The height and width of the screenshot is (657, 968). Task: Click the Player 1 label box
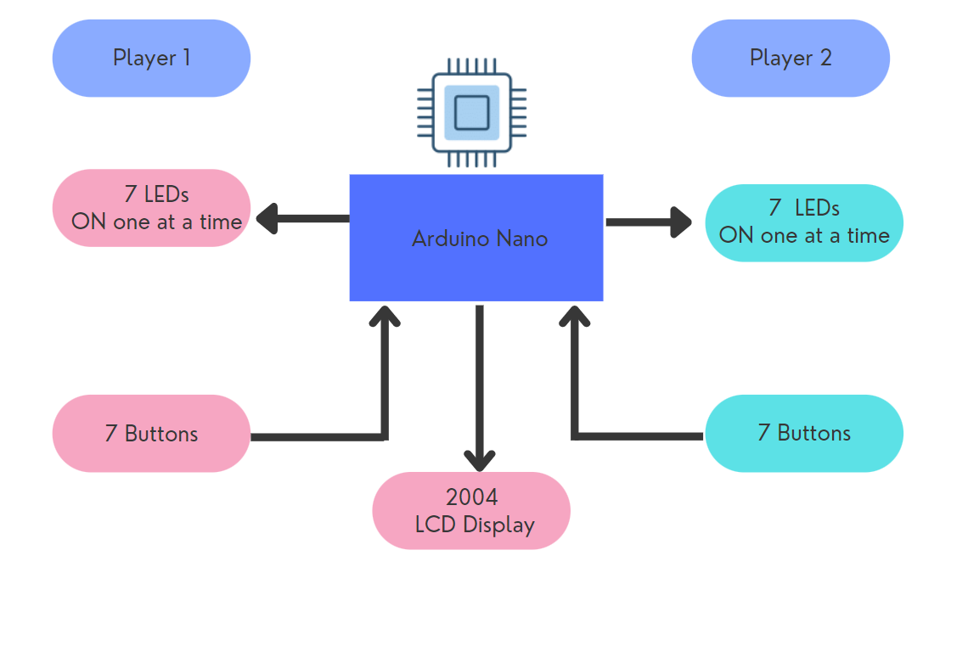pos(151,58)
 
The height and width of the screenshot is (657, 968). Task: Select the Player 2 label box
pos(791,58)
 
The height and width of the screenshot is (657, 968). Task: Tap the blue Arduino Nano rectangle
pos(476,238)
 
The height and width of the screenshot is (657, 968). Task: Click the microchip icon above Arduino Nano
pos(471,112)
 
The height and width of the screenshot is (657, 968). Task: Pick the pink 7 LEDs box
pos(151,208)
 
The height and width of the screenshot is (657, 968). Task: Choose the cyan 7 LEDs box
pos(804,222)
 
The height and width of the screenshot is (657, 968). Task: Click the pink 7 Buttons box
pos(151,433)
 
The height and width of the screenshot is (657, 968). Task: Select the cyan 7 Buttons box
pos(804,433)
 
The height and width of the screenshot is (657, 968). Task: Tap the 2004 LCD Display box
pos(471,511)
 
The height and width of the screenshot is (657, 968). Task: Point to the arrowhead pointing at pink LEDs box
pos(267,218)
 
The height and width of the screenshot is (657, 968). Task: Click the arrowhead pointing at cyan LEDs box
pos(681,222)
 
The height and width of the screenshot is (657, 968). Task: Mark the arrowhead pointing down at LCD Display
pos(480,461)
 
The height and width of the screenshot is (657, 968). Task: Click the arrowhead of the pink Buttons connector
pos(385,315)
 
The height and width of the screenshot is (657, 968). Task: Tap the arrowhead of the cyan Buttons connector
pos(575,315)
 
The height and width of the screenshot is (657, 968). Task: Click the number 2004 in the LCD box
pos(471,497)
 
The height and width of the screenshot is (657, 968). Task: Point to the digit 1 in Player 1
pos(187,58)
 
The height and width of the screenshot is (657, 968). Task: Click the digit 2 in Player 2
pos(826,58)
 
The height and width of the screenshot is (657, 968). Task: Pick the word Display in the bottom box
pos(498,525)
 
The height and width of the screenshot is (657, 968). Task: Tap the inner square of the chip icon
pos(471,112)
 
